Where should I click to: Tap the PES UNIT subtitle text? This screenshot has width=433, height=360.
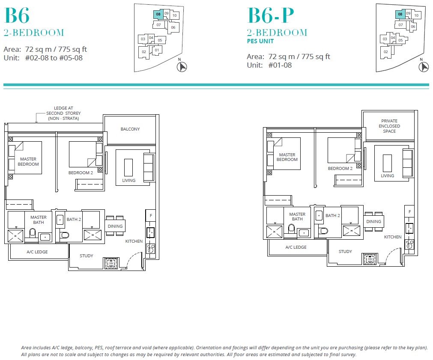pyautogui.click(x=260, y=42)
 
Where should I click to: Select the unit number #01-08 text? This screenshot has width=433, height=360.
pyautogui.click(x=281, y=65)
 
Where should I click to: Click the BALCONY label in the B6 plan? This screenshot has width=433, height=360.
pyautogui.click(x=130, y=129)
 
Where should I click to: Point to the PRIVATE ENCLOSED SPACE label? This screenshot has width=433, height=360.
pyautogui.click(x=389, y=126)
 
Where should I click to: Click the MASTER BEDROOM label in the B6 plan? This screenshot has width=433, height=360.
pyautogui.click(x=28, y=161)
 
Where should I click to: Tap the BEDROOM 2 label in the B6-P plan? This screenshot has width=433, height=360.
pyautogui.click(x=340, y=168)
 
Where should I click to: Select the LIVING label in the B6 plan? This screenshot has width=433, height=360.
pyautogui.click(x=128, y=180)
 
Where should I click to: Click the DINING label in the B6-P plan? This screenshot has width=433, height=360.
pyautogui.click(x=373, y=221)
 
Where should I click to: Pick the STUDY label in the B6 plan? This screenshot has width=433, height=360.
pyautogui.click(x=86, y=256)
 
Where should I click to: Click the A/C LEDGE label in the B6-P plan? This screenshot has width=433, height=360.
pyautogui.click(x=296, y=247)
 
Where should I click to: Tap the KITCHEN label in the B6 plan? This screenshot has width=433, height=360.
pyautogui.click(x=134, y=241)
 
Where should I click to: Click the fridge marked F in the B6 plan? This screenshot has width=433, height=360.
pyautogui.click(x=150, y=216)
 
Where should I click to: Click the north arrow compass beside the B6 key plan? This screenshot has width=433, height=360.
pyautogui.click(x=182, y=67)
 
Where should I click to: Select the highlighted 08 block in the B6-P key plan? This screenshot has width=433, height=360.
pyautogui.click(x=400, y=14)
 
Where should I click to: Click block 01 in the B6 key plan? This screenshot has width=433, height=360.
pyautogui.click(x=157, y=50)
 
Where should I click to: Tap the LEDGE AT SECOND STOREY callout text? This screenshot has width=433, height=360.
pyautogui.click(x=63, y=113)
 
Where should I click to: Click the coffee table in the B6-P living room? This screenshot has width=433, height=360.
pyautogui.click(x=387, y=163)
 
